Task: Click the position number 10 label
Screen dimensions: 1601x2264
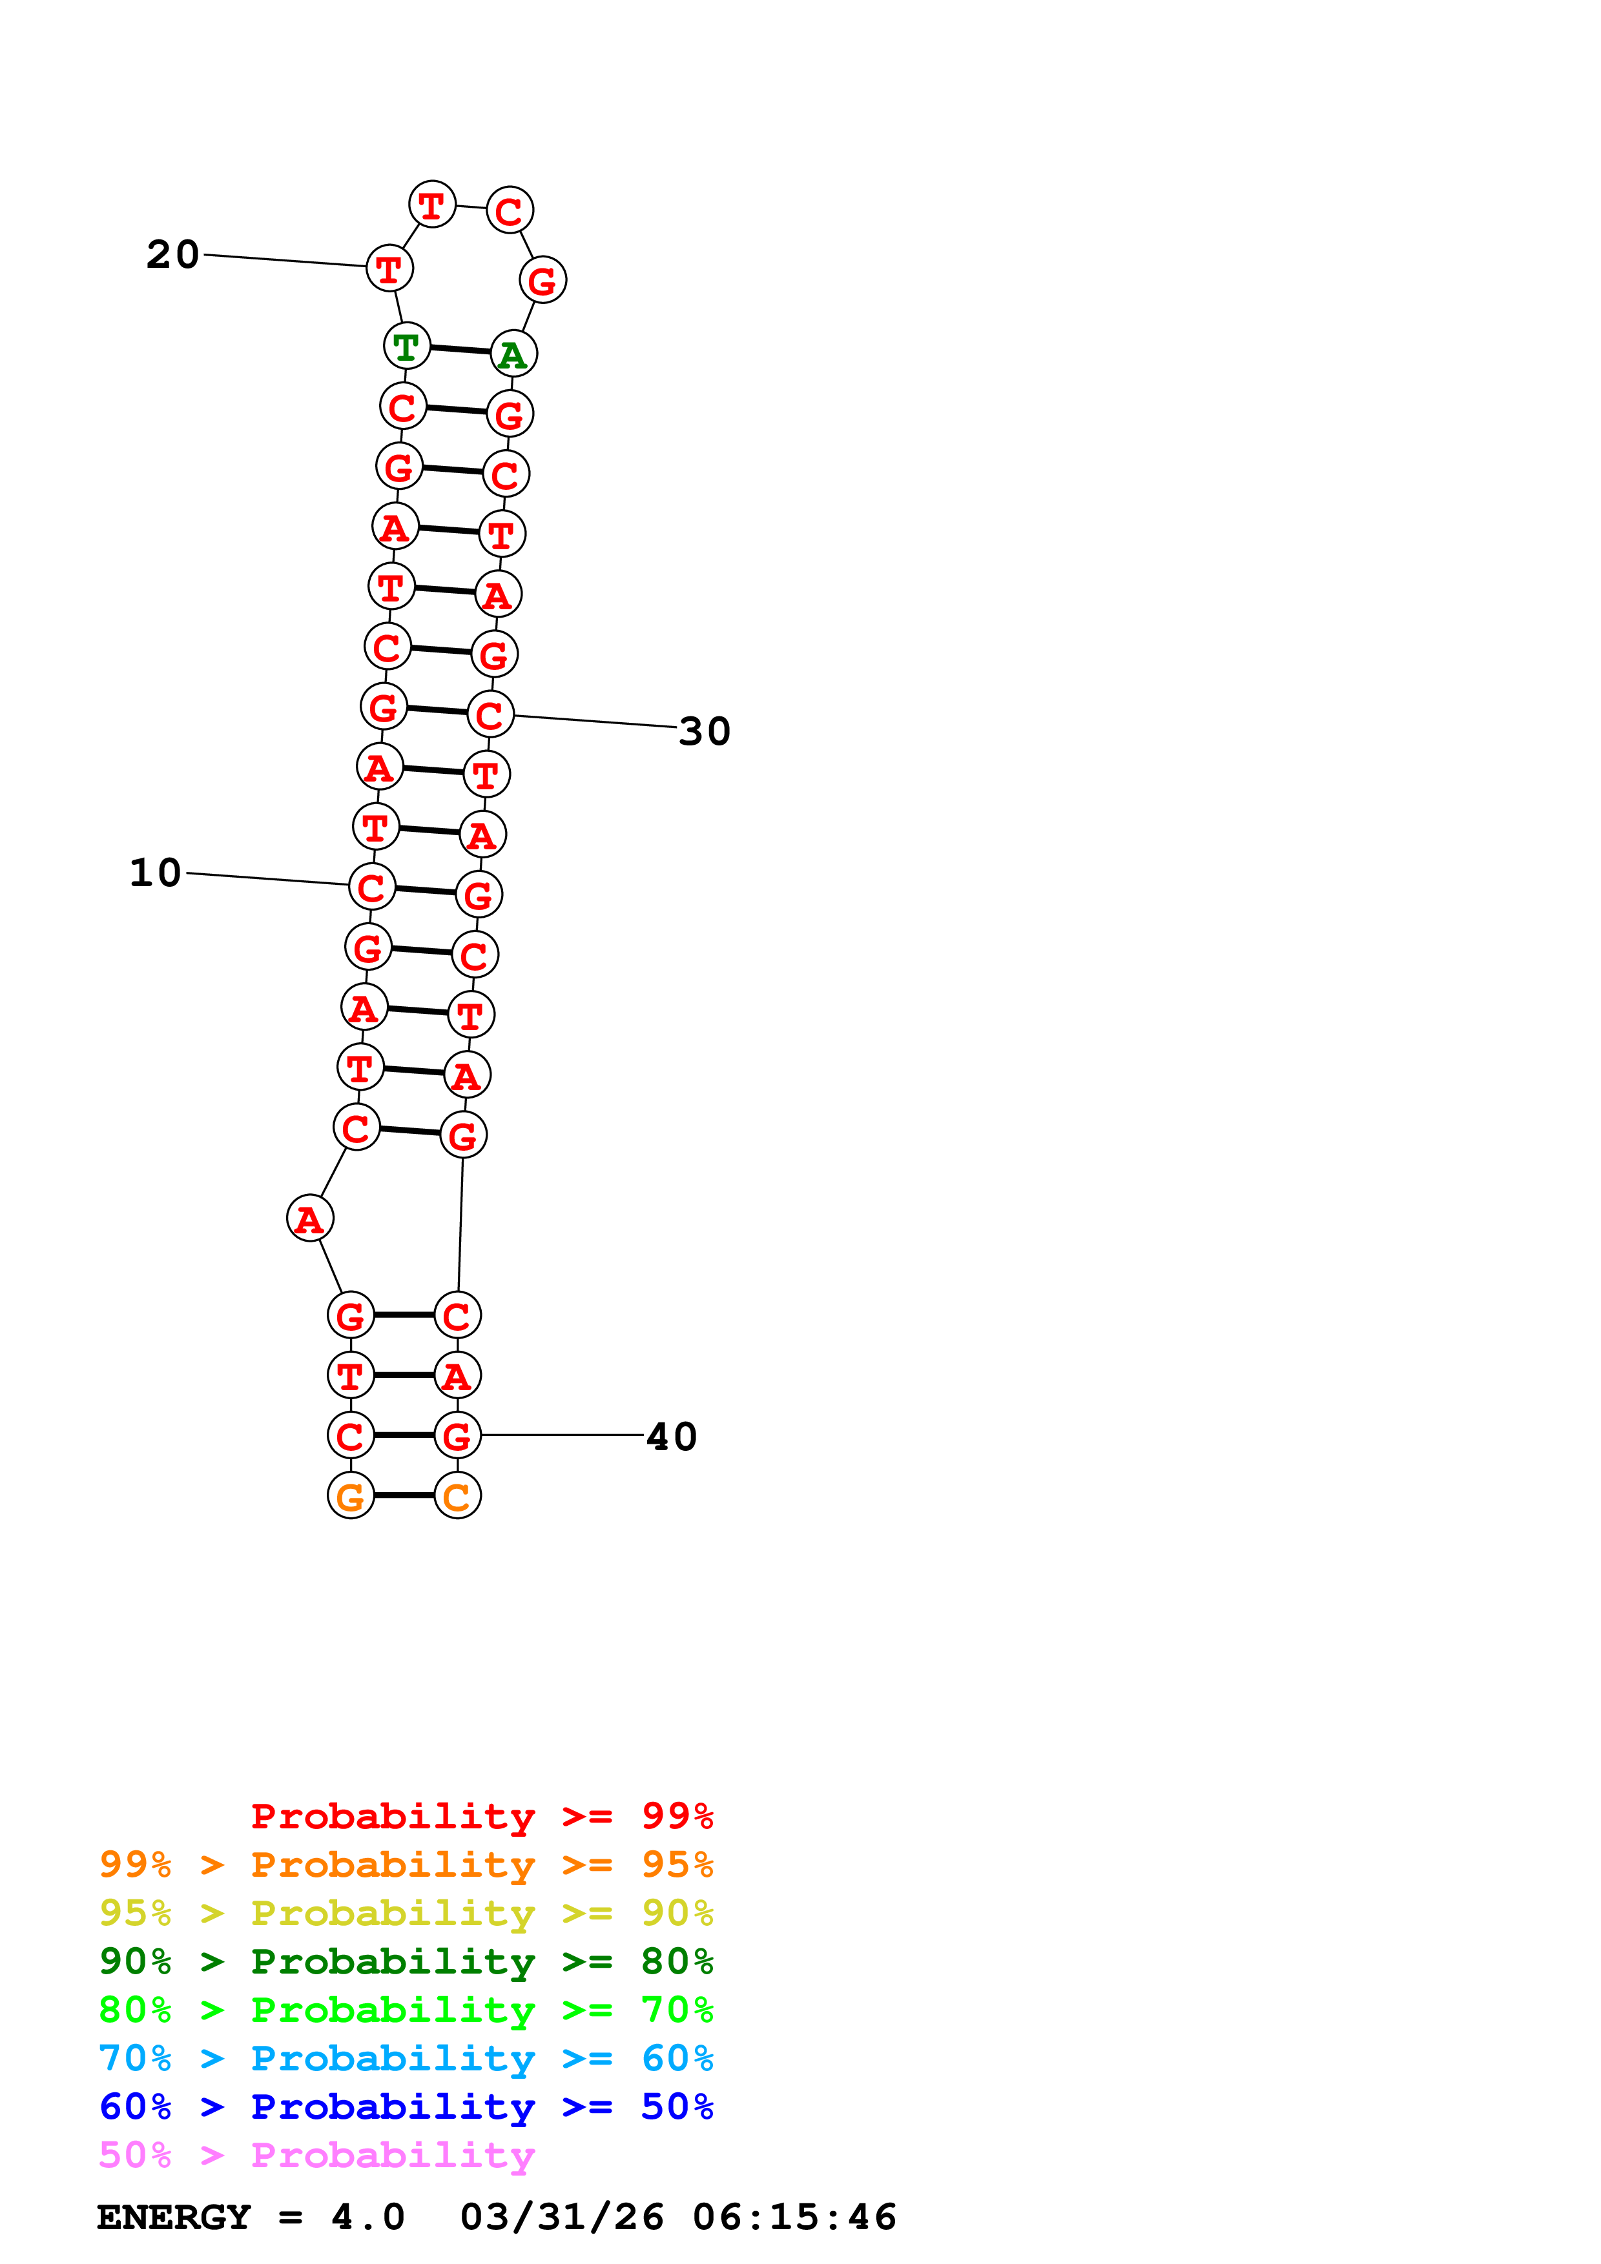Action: pos(156,873)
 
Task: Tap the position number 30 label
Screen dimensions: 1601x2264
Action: pos(705,732)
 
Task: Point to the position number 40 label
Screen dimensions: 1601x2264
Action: pos(672,1437)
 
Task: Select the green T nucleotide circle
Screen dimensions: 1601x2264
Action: pos(406,346)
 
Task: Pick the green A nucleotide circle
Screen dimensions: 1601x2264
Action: pos(513,354)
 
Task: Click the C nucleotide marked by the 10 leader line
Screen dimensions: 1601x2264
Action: pos(372,887)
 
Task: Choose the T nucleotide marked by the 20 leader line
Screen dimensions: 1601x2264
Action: pos(389,268)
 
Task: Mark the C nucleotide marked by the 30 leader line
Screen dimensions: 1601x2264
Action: pos(490,715)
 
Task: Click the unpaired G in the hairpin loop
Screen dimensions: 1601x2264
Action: pos(542,281)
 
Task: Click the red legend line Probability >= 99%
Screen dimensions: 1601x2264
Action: pos(481,1816)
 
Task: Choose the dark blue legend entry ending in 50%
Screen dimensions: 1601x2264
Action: pos(406,2107)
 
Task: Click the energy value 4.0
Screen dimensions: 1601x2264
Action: pos(368,2218)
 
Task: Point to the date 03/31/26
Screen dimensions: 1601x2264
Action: pos(561,2218)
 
